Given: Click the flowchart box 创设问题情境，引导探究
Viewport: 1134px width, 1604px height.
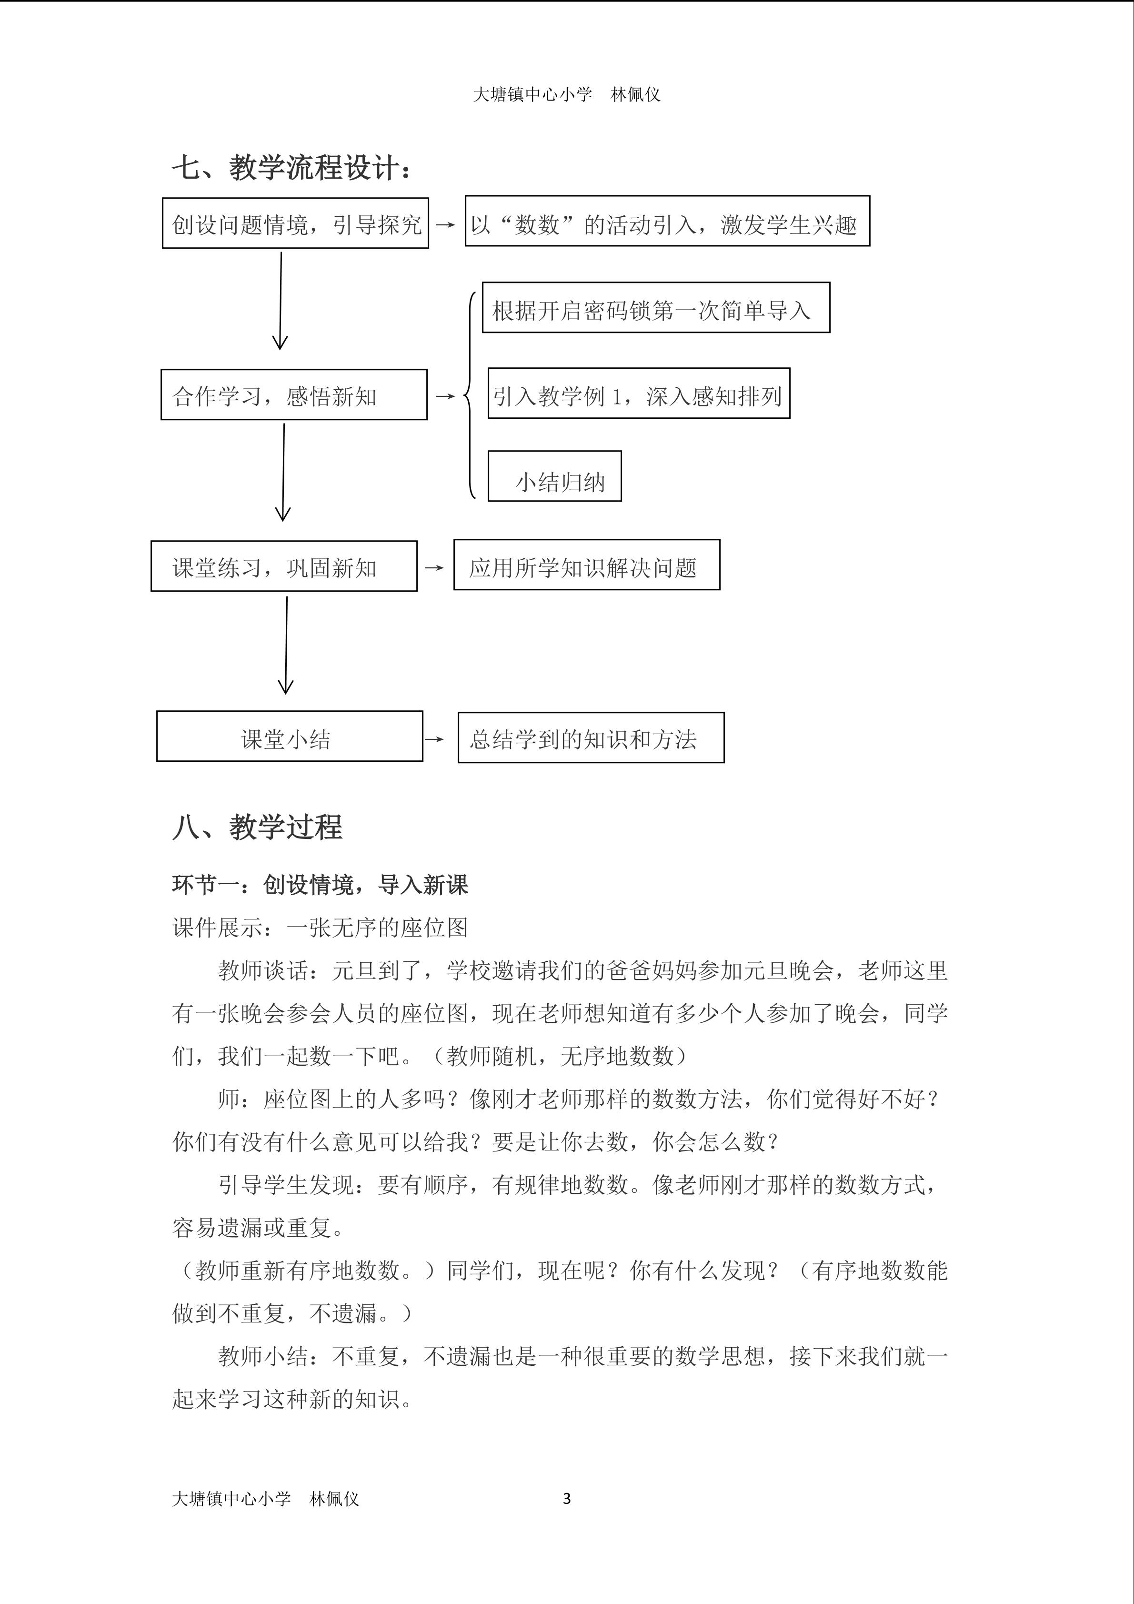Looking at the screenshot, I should pyautogui.click(x=295, y=223).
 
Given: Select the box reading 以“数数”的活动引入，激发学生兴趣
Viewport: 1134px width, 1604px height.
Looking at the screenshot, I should pyautogui.click(x=667, y=222).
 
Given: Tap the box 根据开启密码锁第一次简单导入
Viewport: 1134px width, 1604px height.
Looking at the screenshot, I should pyautogui.click(x=656, y=308).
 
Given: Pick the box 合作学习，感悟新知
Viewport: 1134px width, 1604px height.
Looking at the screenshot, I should pyautogui.click(x=294, y=395).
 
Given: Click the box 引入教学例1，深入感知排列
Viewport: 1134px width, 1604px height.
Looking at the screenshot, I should pyautogui.click(x=638, y=394).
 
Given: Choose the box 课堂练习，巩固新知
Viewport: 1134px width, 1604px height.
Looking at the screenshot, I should pyautogui.click(x=284, y=566).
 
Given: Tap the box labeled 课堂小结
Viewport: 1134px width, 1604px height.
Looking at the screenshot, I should pyautogui.click(x=289, y=737).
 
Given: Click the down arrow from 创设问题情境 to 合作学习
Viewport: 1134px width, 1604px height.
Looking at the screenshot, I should pyautogui.click(x=280, y=301).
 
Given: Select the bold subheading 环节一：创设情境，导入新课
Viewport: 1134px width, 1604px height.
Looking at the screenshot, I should pyautogui.click(x=320, y=885).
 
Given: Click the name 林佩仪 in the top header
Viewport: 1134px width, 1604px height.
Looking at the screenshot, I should pyautogui.click(x=635, y=95).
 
